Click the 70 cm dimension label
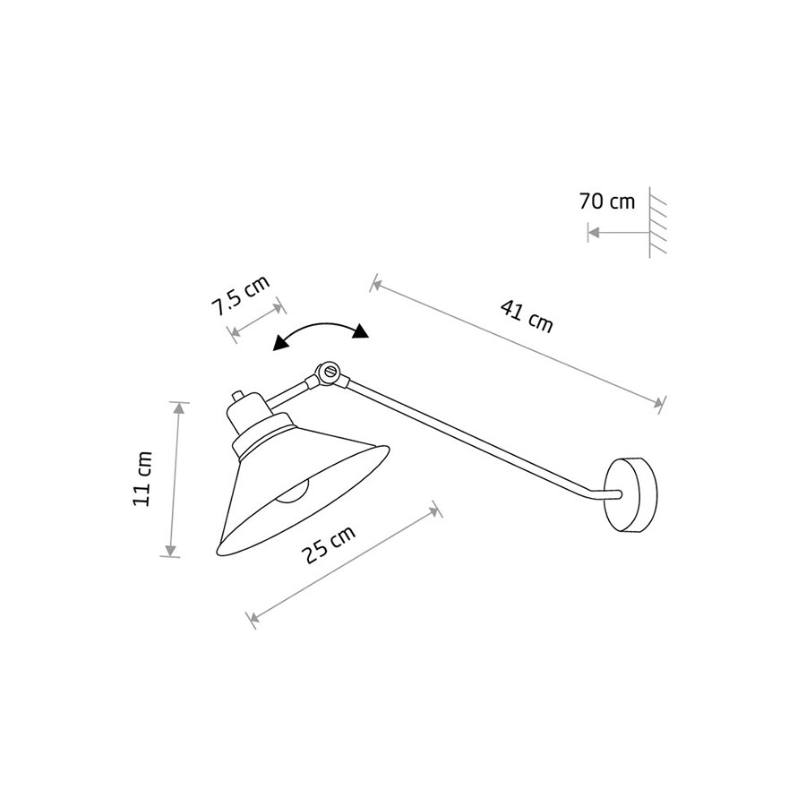607,201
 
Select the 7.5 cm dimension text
241,296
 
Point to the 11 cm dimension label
141,478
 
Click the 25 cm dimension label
329,544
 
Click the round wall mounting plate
631,494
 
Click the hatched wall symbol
657,223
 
